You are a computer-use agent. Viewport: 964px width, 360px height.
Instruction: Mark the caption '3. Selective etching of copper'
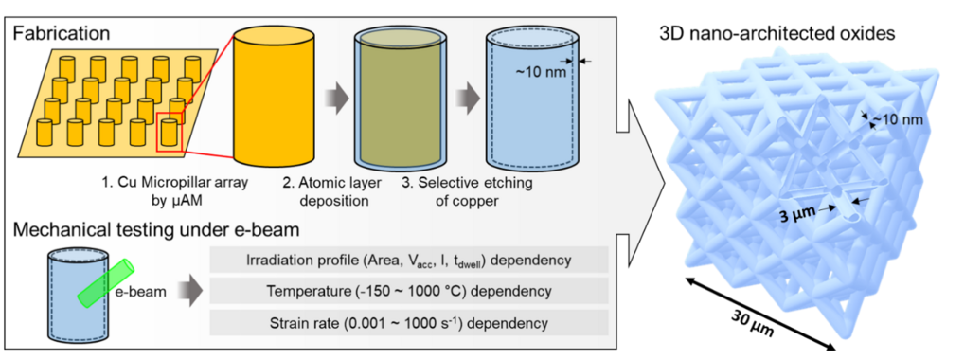471,192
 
